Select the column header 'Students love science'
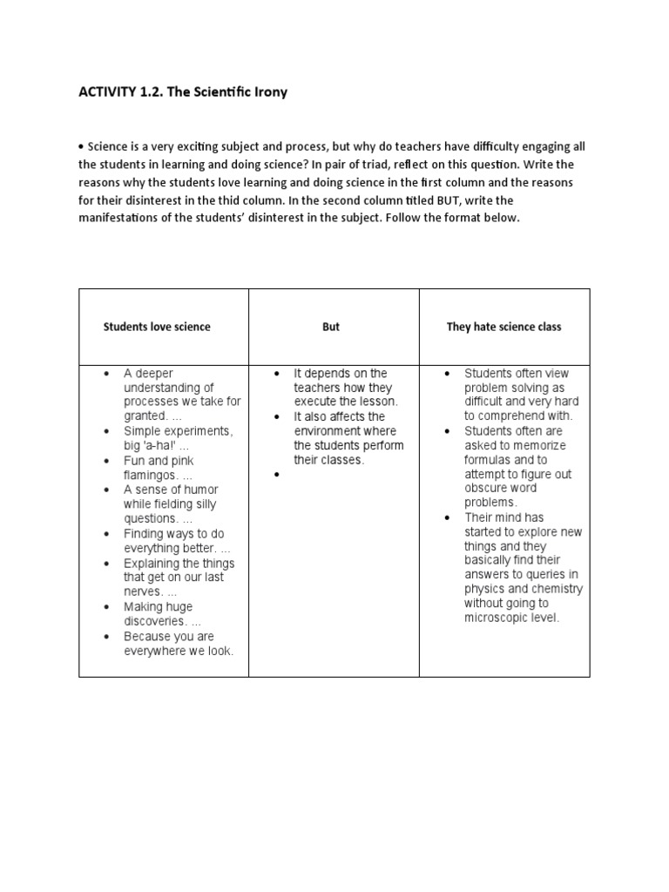click(x=157, y=327)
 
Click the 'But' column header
click(x=331, y=327)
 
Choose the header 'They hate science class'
click(x=503, y=327)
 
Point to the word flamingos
click(x=151, y=475)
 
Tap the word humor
click(x=198, y=490)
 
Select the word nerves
click(x=142, y=592)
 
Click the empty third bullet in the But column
click(x=276, y=475)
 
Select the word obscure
click(x=488, y=489)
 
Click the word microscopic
click(x=500, y=618)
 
